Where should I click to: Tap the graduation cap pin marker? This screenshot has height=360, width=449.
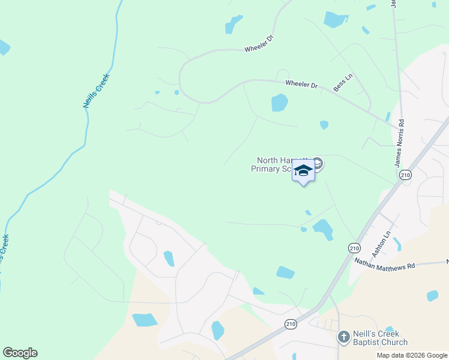click(x=303, y=172)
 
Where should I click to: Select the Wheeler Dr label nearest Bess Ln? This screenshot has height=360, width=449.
click(x=301, y=85)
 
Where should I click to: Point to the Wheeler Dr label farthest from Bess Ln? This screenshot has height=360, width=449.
click(x=259, y=49)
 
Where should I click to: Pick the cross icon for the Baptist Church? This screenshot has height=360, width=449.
click(x=343, y=337)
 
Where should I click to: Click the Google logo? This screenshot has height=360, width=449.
click(x=20, y=353)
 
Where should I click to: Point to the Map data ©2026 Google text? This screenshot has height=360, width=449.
click(x=411, y=355)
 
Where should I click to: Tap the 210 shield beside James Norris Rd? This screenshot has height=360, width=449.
click(x=405, y=175)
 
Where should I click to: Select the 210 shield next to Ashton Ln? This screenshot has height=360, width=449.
click(x=354, y=248)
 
